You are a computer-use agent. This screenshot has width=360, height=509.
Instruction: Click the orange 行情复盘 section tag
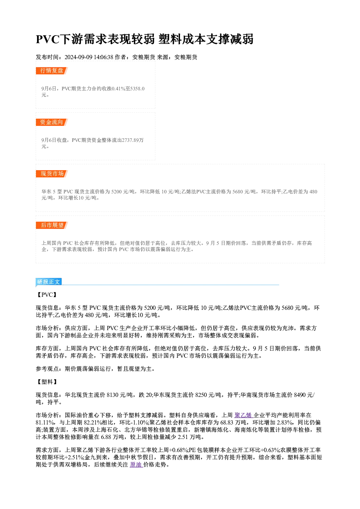(x=52, y=71)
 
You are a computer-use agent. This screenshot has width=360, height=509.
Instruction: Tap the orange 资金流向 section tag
(x=52, y=122)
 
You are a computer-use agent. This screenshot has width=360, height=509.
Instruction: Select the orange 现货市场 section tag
(x=52, y=174)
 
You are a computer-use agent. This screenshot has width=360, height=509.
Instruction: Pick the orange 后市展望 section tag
(x=52, y=225)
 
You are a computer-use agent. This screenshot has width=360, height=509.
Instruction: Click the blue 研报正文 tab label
(x=49, y=282)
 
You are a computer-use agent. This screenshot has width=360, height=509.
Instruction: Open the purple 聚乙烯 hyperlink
(x=244, y=415)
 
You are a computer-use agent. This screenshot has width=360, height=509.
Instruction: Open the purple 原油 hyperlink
(x=136, y=465)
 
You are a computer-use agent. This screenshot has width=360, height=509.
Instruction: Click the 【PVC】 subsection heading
(x=47, y=295)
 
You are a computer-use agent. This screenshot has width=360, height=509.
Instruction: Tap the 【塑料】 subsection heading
(x=47, y=382)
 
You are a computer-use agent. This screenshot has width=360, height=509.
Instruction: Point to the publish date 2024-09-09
(x=78, y=57)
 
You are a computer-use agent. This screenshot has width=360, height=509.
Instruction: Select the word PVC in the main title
(x=48, y=39)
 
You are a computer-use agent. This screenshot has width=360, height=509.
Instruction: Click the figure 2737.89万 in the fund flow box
(x=133, y=140)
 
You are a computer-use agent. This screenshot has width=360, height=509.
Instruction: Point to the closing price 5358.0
(x=137, y=89)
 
